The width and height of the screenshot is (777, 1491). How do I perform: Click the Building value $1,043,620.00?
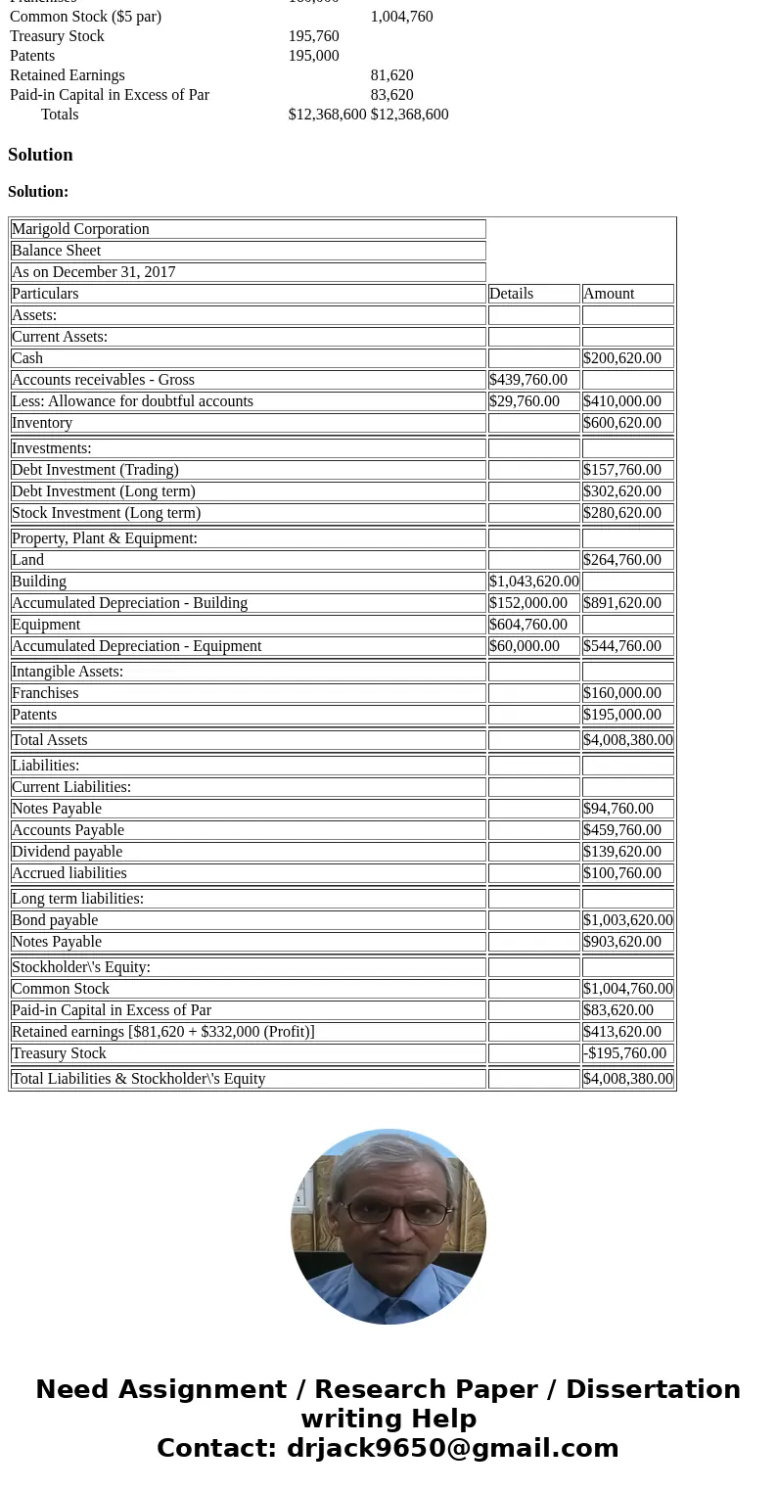534,582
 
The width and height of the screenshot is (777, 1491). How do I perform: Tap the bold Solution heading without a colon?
40,155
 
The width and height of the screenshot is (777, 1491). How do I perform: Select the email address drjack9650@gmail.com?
452,1448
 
